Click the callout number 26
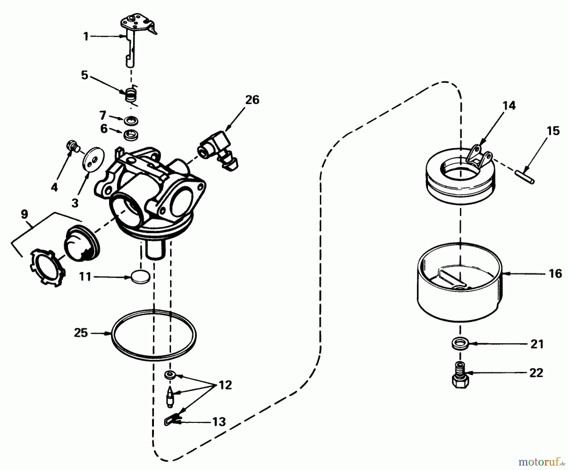click(x=252, y=100)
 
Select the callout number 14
click(x=509, y=105)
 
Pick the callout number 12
click(x=225, y=385)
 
